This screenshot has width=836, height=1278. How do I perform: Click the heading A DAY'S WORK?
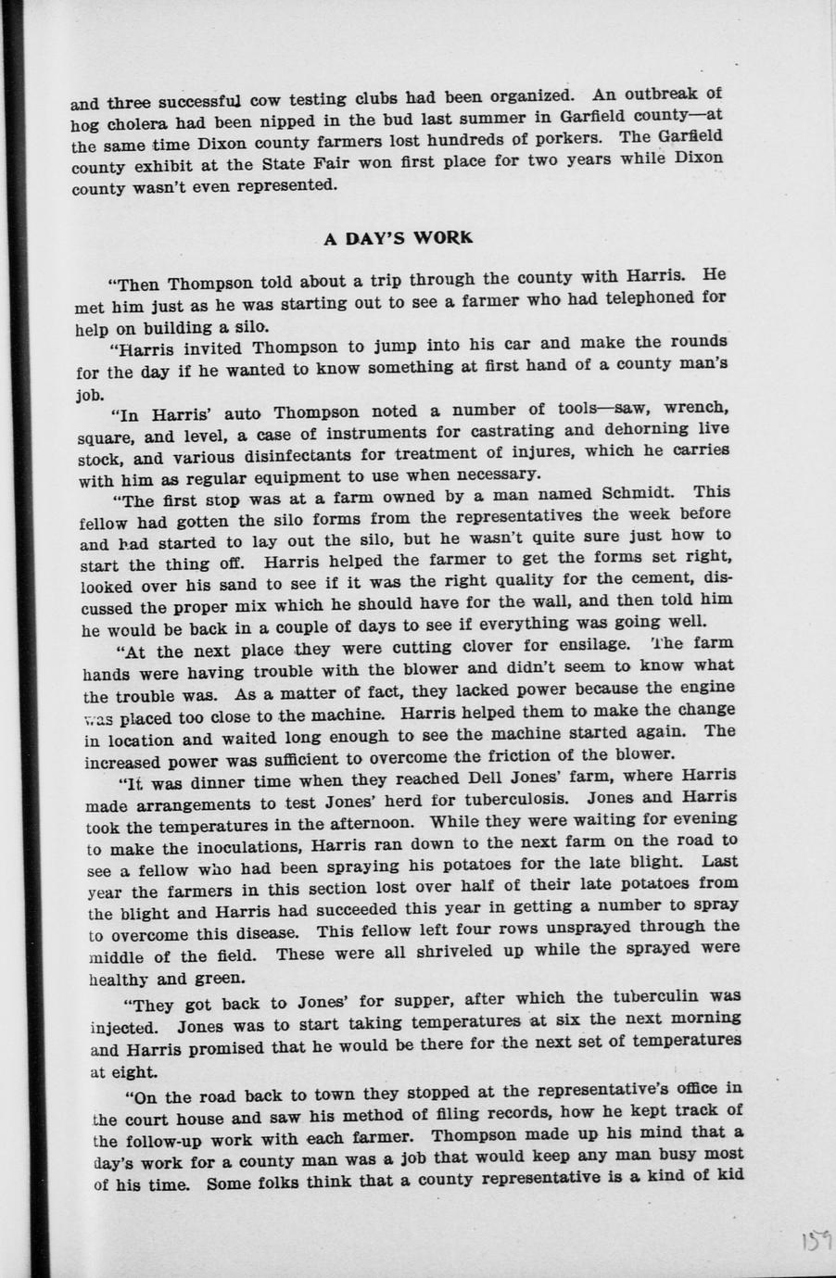point(399,237)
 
